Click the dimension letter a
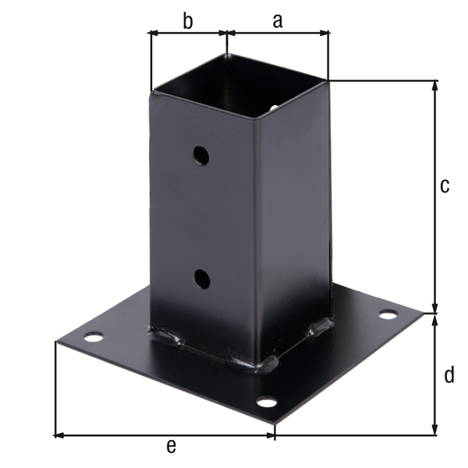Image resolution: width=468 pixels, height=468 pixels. pos(278,21)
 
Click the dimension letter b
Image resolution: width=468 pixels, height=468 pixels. pos(187,21)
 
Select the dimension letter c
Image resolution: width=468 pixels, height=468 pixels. pos(445,186)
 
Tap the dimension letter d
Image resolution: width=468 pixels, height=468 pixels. pos(448,375)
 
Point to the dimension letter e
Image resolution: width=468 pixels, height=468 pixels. pos(172,445)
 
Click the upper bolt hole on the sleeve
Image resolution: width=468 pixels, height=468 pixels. pos(201,155)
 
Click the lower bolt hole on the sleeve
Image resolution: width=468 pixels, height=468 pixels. pos(201,278)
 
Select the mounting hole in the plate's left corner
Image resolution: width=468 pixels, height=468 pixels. pos(93,338)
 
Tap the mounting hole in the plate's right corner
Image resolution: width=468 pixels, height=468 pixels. pos(388,314)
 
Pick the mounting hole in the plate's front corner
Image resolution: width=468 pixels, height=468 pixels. pos(267,402)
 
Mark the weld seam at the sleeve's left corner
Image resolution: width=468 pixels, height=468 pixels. pos(167,336)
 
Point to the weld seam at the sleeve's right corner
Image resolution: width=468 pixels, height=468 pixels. pos(321,325)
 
